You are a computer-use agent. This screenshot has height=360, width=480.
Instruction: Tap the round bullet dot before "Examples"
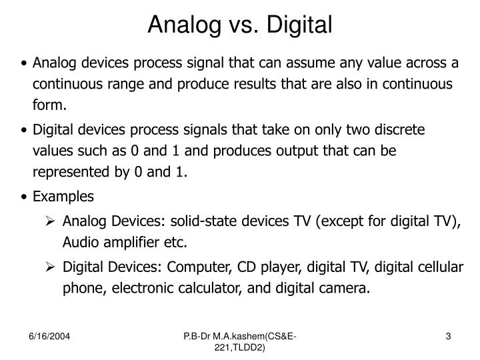coord(25,197)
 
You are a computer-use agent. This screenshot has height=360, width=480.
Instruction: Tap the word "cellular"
coord(440,267)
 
